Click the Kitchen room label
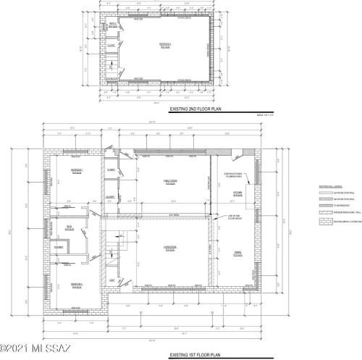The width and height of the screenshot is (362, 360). point(238,194)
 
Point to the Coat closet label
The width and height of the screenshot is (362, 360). point(111,280)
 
